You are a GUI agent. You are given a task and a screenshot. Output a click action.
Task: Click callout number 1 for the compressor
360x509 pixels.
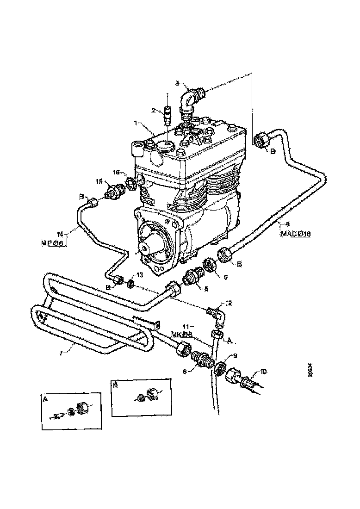[136, 124]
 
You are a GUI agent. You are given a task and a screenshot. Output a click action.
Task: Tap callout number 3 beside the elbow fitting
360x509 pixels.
[177, 83]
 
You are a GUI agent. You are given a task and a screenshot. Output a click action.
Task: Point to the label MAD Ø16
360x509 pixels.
[295, 234]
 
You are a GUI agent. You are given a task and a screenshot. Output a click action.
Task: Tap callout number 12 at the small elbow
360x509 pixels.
[229, 303]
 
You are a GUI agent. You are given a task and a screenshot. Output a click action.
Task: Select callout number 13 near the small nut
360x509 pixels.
[139, 275]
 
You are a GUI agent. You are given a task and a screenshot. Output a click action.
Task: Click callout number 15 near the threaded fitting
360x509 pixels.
[99, 181]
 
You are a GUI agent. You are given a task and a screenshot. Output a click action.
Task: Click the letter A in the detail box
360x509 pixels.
[45, 398]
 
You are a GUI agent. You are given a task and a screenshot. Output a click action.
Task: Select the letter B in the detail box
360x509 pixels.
[116, 384]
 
